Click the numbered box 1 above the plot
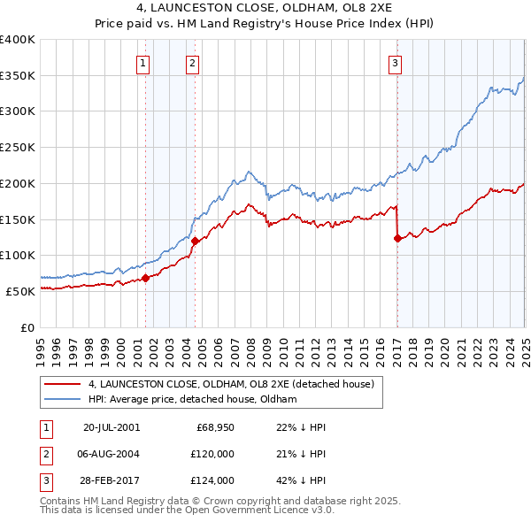coord(142,63)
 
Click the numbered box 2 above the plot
coord(192,63)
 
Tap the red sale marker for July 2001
coord(146,278)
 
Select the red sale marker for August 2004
coord(195,241)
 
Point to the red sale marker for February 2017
coord(397,237)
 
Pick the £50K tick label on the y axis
coord(20,291)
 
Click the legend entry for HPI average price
coord(192,399)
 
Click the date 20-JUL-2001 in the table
coord(112,427)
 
